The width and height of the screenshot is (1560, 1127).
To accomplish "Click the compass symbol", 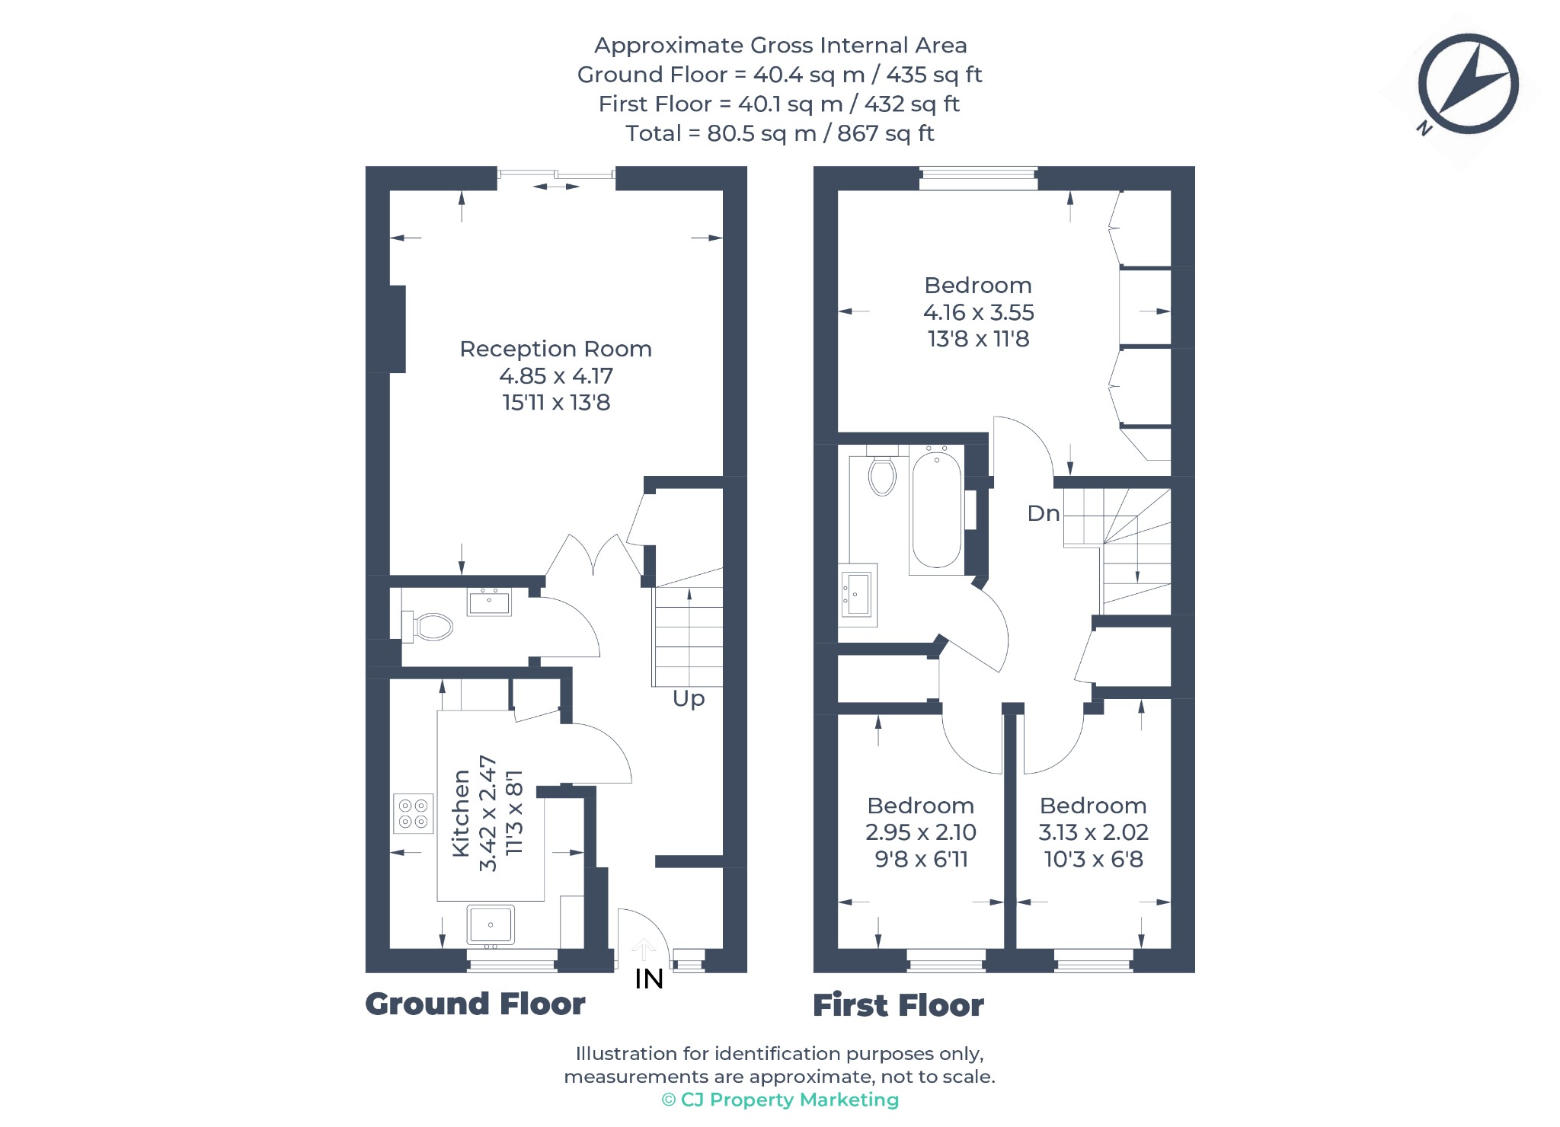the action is [x=1467, y=84].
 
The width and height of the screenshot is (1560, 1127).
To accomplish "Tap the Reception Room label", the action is [x=556, y=349].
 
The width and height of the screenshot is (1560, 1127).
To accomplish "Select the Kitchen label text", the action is [x=461, y=813].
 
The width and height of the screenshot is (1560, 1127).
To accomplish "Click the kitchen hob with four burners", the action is [x=413, y=813].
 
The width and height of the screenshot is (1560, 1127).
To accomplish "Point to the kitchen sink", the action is [x=491, y=925].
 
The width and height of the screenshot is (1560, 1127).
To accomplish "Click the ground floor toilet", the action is [x=427, y=627].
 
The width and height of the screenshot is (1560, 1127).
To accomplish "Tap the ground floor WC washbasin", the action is [x=489, y=602].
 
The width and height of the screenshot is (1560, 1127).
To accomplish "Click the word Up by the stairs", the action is [x=689, y=699].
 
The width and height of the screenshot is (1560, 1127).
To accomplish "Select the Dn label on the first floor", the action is [x=1044, y=513].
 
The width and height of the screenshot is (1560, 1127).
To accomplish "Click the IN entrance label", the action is [x=649, y=979].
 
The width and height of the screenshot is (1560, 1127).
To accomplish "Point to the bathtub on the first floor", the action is [x=936, y=509].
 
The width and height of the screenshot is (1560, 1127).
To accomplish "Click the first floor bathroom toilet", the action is [x=882, y=471].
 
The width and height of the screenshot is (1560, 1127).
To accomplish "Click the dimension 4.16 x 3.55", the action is [x=979, y=312].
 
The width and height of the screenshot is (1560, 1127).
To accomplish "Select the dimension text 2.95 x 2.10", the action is [x=921, y=832].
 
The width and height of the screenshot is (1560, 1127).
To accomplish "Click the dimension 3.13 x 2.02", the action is [x=1094, y=832].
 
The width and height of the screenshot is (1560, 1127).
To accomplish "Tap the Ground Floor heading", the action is [x=475, y=1004].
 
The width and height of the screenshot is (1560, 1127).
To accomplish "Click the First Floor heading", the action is [x=899, y=1005].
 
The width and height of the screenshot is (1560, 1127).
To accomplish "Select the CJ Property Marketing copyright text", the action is [x=780, y=1100].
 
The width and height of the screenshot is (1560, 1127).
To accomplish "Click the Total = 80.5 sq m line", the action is [x=780, y=133].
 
